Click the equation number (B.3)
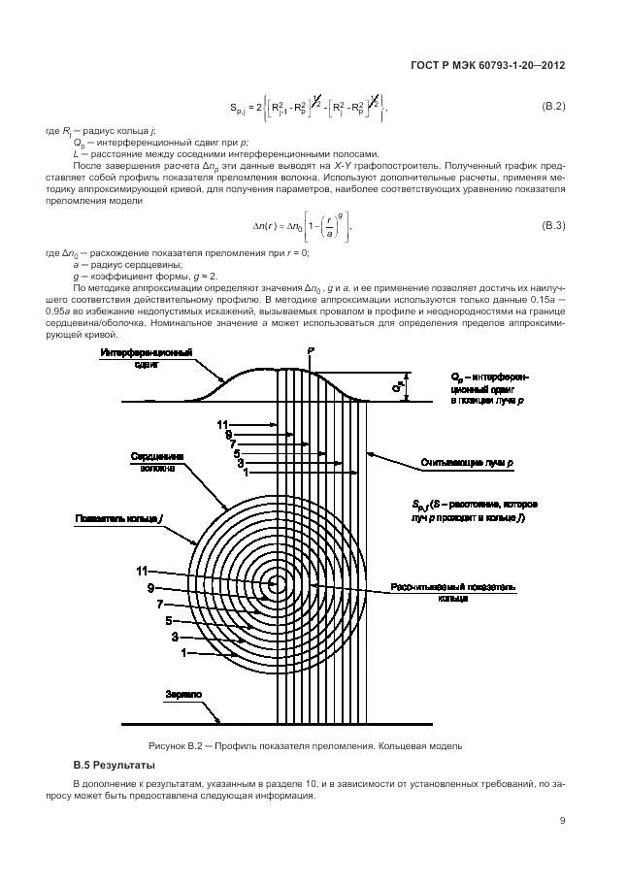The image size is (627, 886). tap(552, 226)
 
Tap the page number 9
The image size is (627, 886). tap(562, 820)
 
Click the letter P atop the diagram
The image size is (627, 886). tap(310, 348)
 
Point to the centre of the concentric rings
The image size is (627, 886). tap(277, 584)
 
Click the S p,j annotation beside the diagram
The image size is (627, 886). tap(470, 511)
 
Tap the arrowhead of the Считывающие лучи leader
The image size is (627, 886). tap(372, 448)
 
